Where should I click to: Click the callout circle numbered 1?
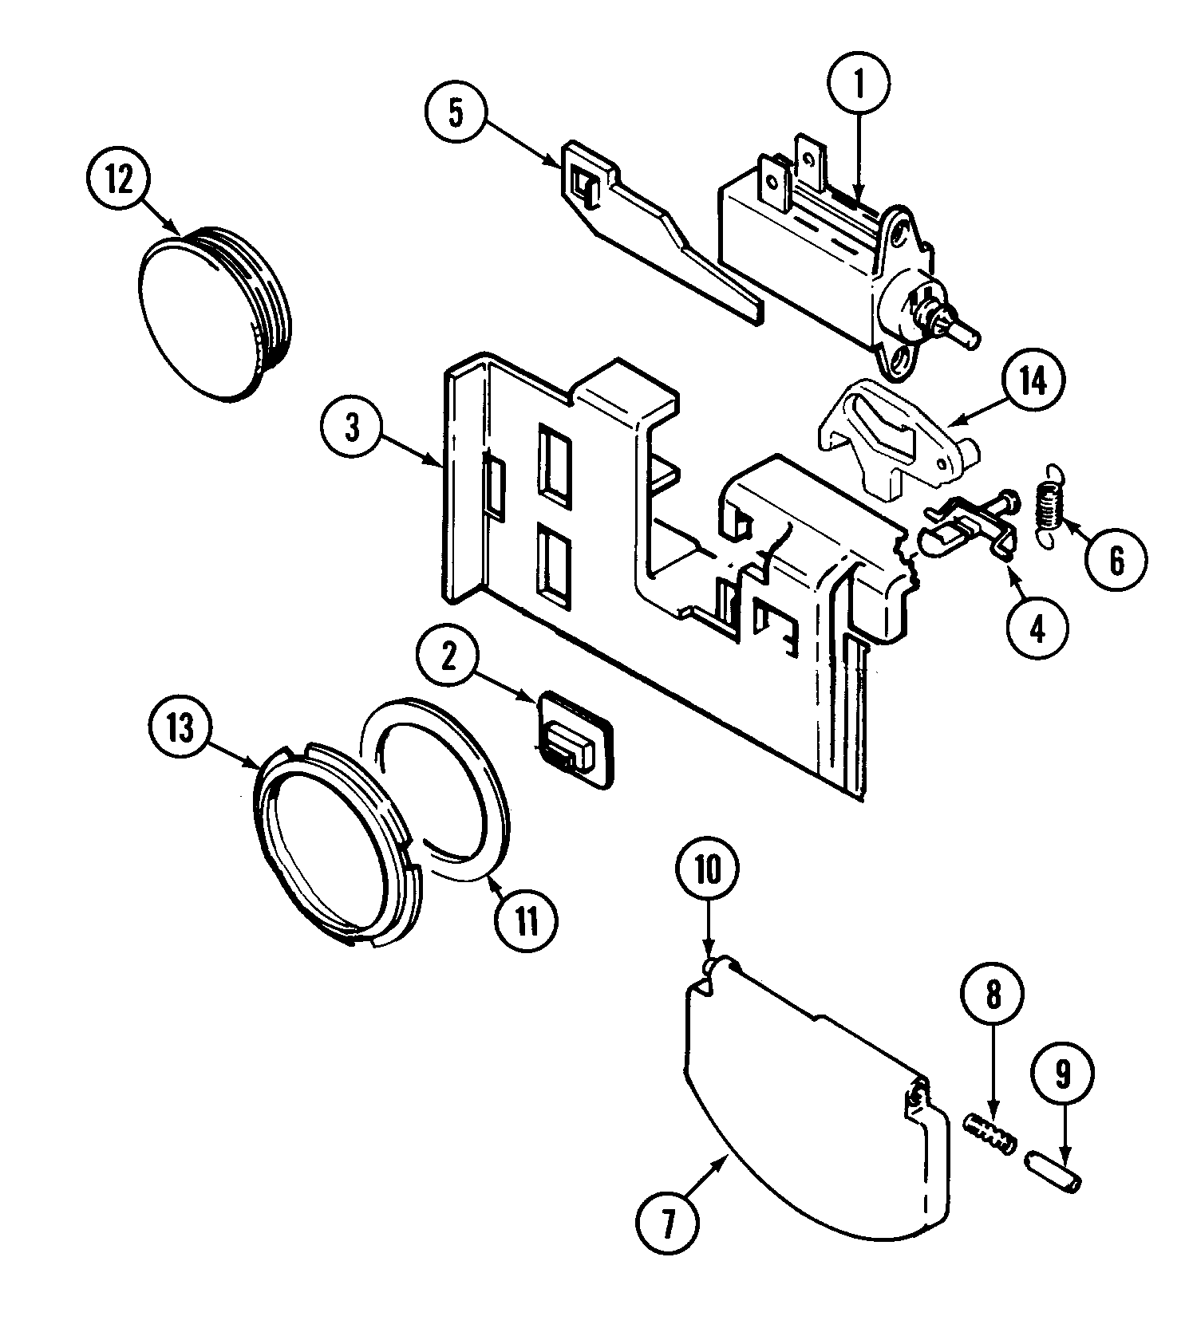859,85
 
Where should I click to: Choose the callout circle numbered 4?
1037,630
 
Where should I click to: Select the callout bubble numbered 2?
448,657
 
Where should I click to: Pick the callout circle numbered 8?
993,995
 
